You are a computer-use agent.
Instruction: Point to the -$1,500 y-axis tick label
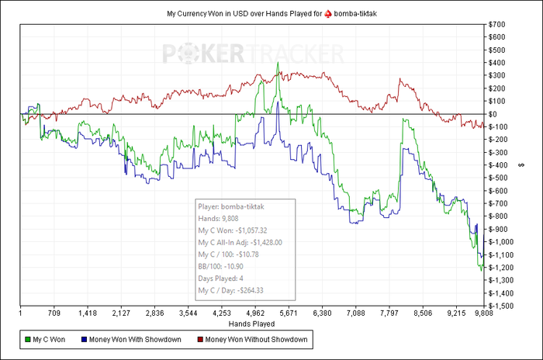pos(502,306)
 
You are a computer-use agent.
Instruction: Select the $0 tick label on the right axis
pos(496,114)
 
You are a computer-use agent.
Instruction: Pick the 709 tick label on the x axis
pos(54,314)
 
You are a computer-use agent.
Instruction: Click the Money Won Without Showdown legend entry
pos(257,339)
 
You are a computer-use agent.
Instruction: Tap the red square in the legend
pos(200,339)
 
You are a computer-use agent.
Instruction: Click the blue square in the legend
pos(83,339)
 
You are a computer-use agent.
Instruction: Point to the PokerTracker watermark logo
pos(253,54)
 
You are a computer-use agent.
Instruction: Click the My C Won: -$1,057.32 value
pos(233,230)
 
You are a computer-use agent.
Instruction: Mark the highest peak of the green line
pos(278,62)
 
